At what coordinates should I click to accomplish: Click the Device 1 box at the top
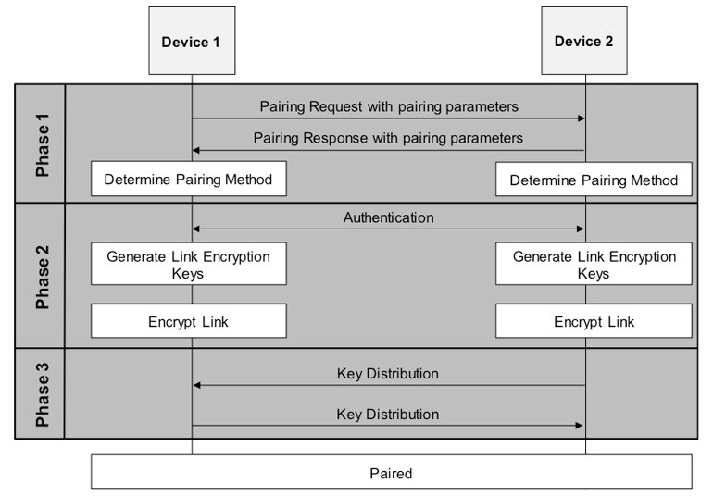pos(192,42)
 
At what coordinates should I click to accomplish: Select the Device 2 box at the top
pos(584,42)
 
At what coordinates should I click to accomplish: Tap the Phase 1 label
pos(41,143)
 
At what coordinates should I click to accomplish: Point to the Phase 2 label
pos(41,275)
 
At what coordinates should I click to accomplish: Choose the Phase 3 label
pos(41,393)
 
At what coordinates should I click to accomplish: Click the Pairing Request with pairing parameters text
pos(388,106)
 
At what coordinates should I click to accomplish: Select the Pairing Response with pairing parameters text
pos(388,138)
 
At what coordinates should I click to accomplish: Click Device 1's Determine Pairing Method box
pos(188,179)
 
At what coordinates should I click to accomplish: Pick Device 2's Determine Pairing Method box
pos(594,180)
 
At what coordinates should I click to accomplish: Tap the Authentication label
pos(388,218)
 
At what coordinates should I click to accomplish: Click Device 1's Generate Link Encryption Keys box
pos(188,265)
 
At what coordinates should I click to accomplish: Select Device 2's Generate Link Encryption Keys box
pos(594,265)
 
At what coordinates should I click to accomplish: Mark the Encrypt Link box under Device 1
pos(188,322)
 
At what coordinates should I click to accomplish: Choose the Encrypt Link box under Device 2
pos(594,322)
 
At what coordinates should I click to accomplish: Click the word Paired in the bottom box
pos(390,473)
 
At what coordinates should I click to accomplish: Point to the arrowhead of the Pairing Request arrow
pos(581,118)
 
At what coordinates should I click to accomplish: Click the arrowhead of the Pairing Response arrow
pos(197,150)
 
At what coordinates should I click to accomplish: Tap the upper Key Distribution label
pos(388,374)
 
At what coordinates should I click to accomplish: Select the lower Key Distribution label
pos(388,414)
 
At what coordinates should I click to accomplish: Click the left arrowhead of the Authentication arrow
pos(197,229)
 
